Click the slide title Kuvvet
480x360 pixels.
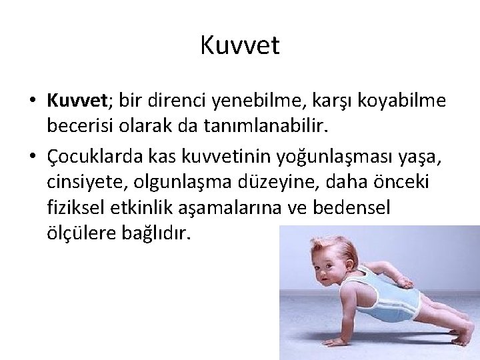(240, 47)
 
